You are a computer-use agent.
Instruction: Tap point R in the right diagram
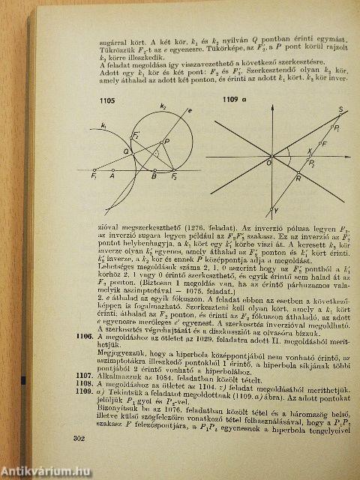click(298, 178)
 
